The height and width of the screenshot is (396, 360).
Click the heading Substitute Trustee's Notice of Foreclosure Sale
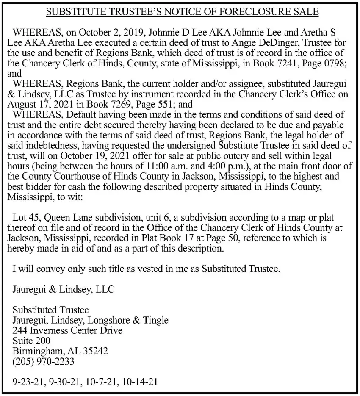(182, 11)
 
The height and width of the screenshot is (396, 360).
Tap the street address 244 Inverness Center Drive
(67, 330)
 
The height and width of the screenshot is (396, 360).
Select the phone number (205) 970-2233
(43, 361)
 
